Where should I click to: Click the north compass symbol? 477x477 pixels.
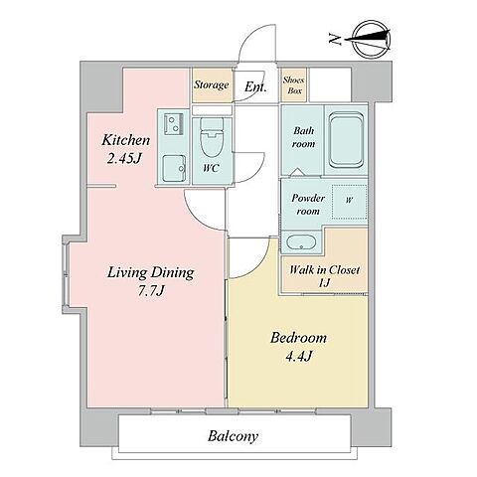tap(372, 40)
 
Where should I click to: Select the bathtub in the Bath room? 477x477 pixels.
tap(346, 139)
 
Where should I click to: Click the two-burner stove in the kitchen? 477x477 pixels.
tap(173, 123)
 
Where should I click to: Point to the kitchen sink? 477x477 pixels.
tap(174, 168)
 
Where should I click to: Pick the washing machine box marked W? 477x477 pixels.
tap(349, 202)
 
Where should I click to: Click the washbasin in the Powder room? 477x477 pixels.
tap(301, 242)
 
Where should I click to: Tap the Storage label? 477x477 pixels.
tap(212, 84)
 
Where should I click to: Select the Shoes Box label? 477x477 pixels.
tap(294, 85)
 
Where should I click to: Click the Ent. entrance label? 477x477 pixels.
tap(255, 86)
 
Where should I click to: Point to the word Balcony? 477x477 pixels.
tap(233, 436)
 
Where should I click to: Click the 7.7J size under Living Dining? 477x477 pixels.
tap(151, 291)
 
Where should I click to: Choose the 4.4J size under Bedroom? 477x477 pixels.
tap(299, 356)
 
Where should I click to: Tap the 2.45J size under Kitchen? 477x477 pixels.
tap(124, 158)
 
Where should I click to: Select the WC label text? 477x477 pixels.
tap(211, 168)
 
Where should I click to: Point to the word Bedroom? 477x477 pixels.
tap(298, 338)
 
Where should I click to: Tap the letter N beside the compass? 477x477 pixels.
tap(335, 39)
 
